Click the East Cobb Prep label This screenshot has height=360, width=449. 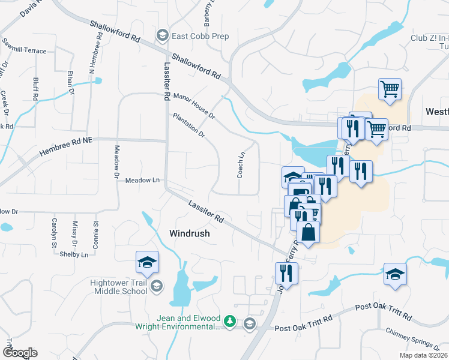[x=200, y=37]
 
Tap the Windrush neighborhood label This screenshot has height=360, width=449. [x=189, y=233]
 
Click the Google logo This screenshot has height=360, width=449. [x=20, y=352]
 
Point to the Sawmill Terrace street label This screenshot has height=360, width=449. [x=24, y=51]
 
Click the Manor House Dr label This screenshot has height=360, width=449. [x=193, y=106]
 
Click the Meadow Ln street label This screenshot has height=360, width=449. [x=143, y=180]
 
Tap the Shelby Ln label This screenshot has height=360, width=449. [x=74, y=254]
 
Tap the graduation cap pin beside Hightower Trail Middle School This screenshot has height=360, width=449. [x=147, y=262]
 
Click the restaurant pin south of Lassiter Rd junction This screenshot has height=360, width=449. [x=286, y=274]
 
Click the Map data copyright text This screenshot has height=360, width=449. [x=423, y=355]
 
